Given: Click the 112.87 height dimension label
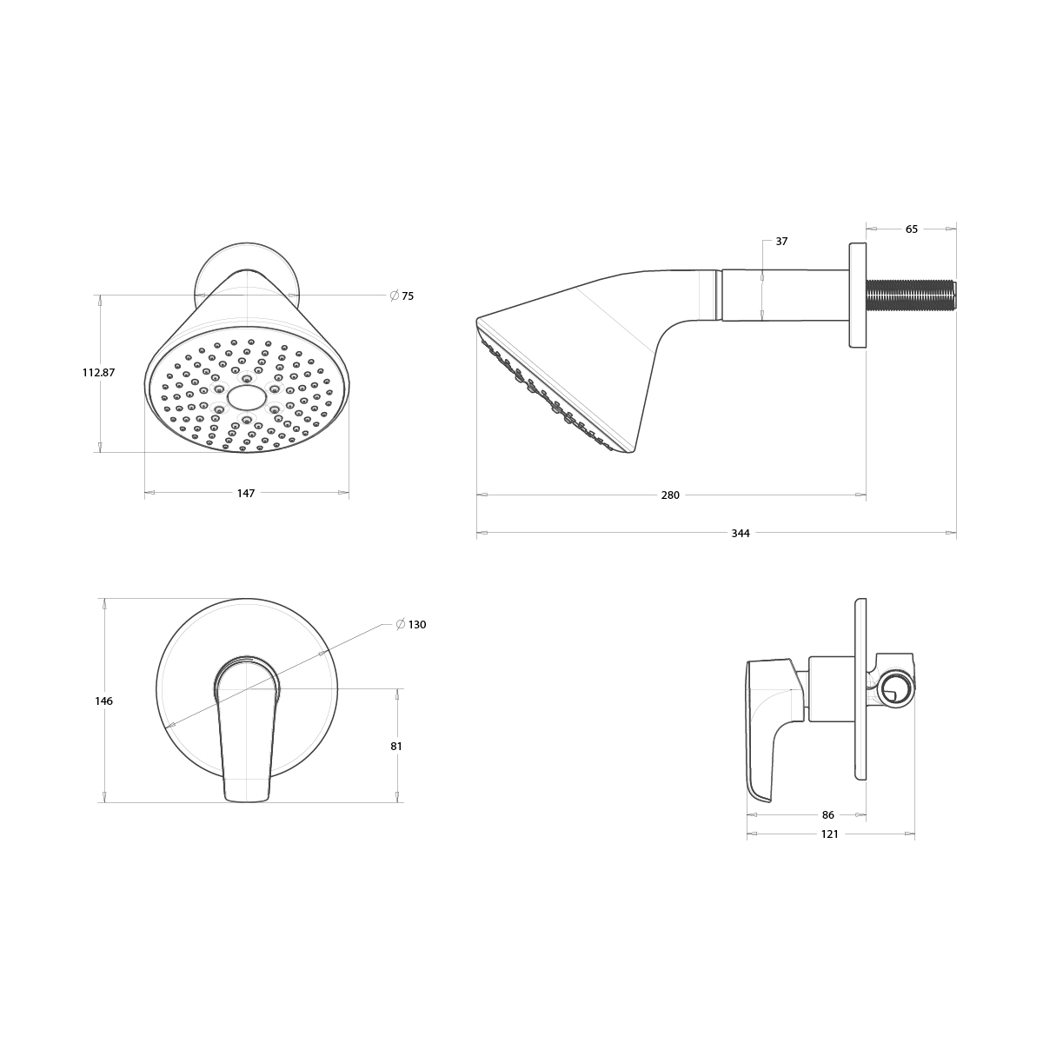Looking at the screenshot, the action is pyautogui.click(x=98, y=372).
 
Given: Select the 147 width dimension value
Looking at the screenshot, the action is pyautogui.click(x=246, y=493).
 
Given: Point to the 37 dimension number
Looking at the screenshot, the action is pyautogui.click(x=781, y=242).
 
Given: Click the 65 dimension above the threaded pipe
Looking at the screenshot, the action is pyautogui.click(x=912, y=229).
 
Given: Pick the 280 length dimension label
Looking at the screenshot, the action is pyautogui.click(x=670, y=495).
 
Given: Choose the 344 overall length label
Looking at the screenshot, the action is pyautogui.click(x=741, y=534).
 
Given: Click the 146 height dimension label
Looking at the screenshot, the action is pyautogui.click(x=104, y=701).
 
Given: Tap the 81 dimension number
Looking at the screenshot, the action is pyautogui.click(x=396, y=746).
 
